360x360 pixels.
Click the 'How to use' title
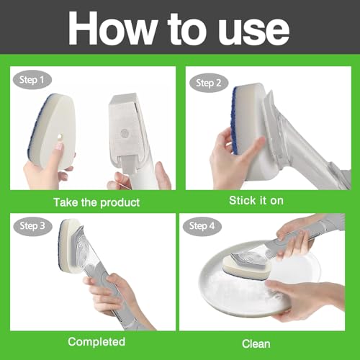point(179,28)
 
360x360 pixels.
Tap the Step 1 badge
point(32,80)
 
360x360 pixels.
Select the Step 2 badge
point(209,83)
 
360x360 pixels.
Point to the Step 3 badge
point(32,226)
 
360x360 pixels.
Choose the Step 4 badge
point(202,226)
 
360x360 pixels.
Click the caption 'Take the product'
point(96,202)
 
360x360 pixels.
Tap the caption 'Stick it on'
point(256,201)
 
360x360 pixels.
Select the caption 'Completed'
point(96,341)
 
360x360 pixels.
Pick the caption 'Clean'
point(256,343)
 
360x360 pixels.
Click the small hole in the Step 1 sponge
point(60,137)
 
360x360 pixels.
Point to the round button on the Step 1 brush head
point(125,133)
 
